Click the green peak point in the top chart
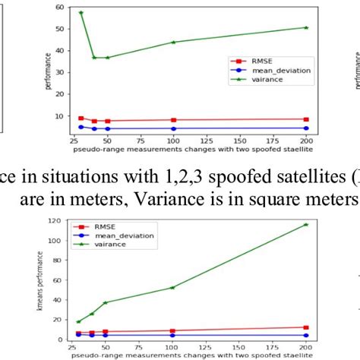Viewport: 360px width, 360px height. (x=81, y=13)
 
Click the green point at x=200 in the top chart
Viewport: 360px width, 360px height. (x=306, y=27)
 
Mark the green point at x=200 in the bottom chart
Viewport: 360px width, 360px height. (x=306, y=225)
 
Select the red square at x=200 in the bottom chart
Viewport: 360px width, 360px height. (x=306, y=327)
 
